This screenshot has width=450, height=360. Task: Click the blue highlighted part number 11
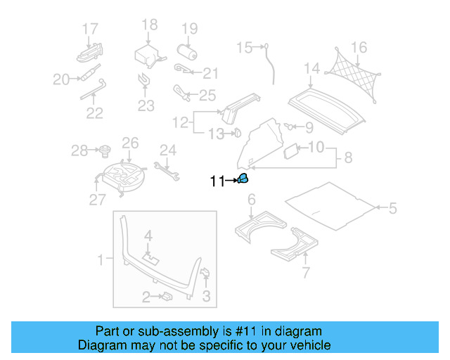[x=242, y=179]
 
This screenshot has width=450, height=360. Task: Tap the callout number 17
[x=90, y=29]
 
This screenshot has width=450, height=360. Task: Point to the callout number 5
[x=392, y=208]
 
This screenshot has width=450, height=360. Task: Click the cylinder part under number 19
[x=188, y=53]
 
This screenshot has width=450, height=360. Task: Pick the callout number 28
[x=79, y=150]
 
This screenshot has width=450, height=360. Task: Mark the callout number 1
[x=100, y=259]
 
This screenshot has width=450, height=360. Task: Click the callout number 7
[x=305, y=273]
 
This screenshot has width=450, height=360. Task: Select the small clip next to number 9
[x=288, y=126]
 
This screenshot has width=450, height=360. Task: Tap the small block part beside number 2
[x=168, y=297]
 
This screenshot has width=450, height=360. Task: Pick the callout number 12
[x=181, y=122]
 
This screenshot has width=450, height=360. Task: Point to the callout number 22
[x=95, y=112]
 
